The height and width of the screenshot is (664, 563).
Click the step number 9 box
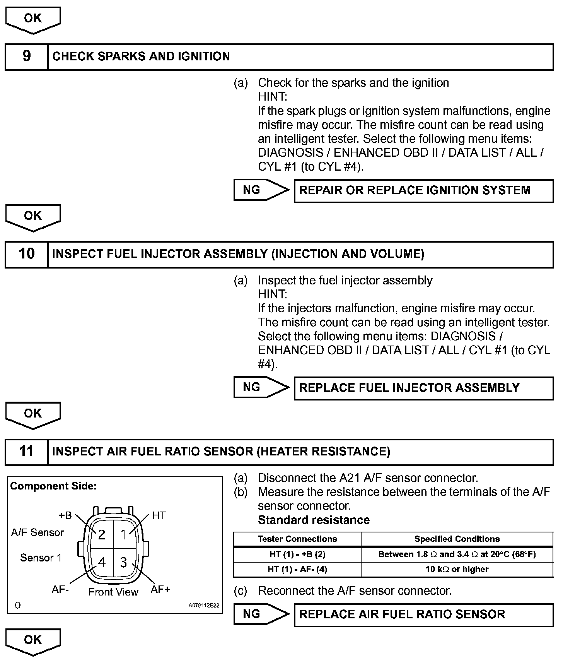click(x=26, y=56)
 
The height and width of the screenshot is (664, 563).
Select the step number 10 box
click(x=26, y=254)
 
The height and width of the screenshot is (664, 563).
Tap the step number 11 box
click(x=26, y=452)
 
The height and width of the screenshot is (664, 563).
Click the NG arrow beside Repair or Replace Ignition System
click(x=261, y=190)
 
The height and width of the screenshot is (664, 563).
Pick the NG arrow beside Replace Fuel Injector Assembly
click(x=261, y=387)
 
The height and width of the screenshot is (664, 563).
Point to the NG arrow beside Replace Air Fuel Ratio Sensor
click(x=261, y=614)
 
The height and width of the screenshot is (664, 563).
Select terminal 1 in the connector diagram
click(x=123, y=535)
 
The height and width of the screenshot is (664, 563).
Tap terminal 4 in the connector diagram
click(x=102, y=562)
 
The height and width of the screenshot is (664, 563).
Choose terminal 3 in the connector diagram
click(x=123, y=562)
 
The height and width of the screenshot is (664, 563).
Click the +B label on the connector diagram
click(x=65, y=515)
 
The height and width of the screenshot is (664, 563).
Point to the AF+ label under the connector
click(x=160, y=589)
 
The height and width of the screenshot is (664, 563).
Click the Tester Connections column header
click(x=297, y=539)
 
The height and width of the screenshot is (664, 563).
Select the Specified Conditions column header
click(x=457, y=539)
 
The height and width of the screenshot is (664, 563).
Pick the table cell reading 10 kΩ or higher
click(x=457, y=569)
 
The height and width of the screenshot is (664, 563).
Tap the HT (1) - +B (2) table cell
click(x=297, y=554)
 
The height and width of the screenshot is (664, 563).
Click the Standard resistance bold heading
click(x=314, y=520)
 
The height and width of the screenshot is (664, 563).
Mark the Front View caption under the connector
click(x=113, y=592)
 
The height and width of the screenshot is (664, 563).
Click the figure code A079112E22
click(x=204, y=605)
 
